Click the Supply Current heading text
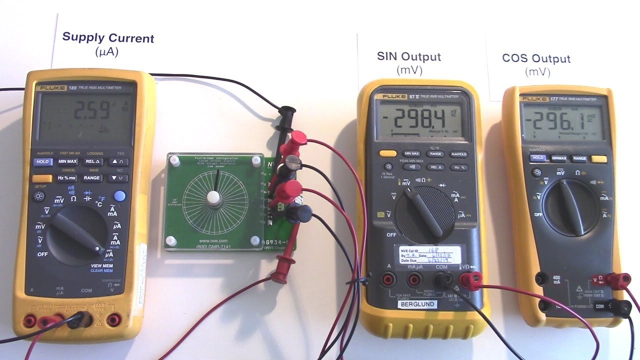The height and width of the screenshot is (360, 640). pos(108,38)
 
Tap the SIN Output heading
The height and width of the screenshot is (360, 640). pos(409,57)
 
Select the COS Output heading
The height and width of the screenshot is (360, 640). pos(536,58)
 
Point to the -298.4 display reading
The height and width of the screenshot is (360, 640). pos(419,120)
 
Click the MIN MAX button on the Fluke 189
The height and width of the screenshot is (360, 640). pos(67,161)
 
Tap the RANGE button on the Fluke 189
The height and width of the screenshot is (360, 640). pos(92,177)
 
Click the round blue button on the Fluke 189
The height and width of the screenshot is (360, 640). pos(119,196)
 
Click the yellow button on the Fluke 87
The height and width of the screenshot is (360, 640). pos(387,154)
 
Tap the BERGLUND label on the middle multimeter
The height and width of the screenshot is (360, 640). pos(416,304)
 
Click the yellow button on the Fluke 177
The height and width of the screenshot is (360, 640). pos(598,159)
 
